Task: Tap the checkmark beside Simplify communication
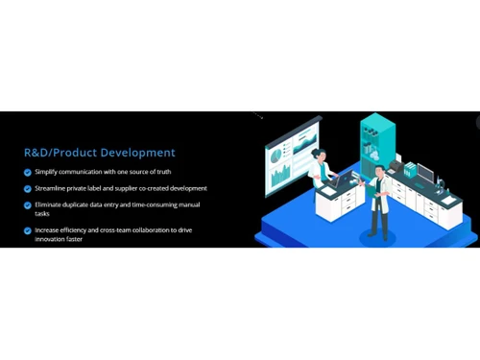pos(27,172)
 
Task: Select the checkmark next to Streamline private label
pos(27,188)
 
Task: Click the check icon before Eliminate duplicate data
pos(27,204)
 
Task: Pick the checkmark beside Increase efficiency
pos(27,230)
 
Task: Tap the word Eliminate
pos(51,204)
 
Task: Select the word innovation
pos(51,239)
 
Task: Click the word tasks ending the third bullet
pos(43,213)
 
